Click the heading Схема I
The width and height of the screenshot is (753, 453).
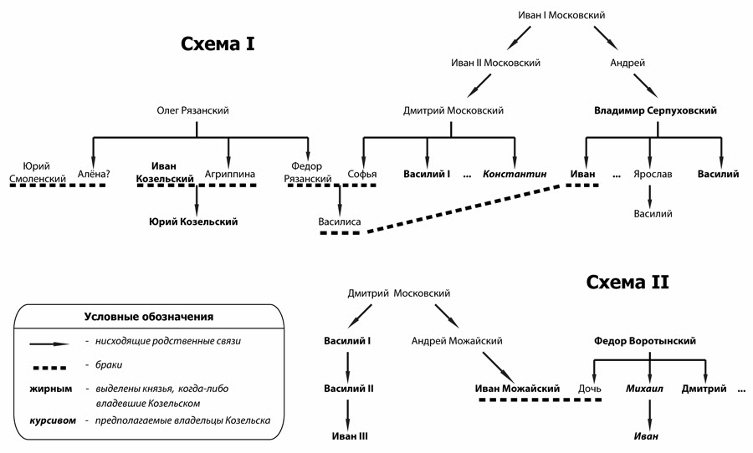tap(218, 43)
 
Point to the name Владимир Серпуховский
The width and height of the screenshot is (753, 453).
tap(655, 109)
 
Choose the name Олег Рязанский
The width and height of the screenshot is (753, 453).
tap(192, 109)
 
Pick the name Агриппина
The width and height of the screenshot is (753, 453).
tap(230, 174)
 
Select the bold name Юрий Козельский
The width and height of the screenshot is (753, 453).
tap(193, 221)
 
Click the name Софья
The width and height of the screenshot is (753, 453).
tap(362, 174)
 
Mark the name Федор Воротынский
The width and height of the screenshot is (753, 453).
tap(645, 340)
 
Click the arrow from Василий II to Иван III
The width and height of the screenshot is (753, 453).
tap(348, 412)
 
